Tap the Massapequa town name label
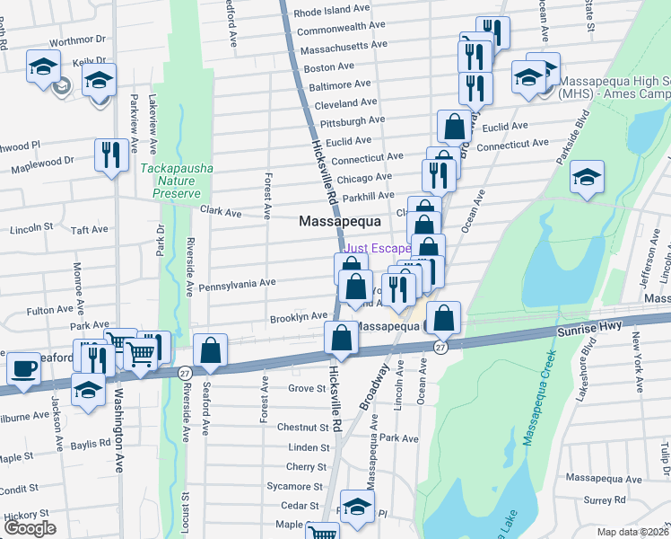(x=340, y=220)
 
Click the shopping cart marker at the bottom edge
(x=321, y=530)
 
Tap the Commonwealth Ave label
(x=342, y=29)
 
